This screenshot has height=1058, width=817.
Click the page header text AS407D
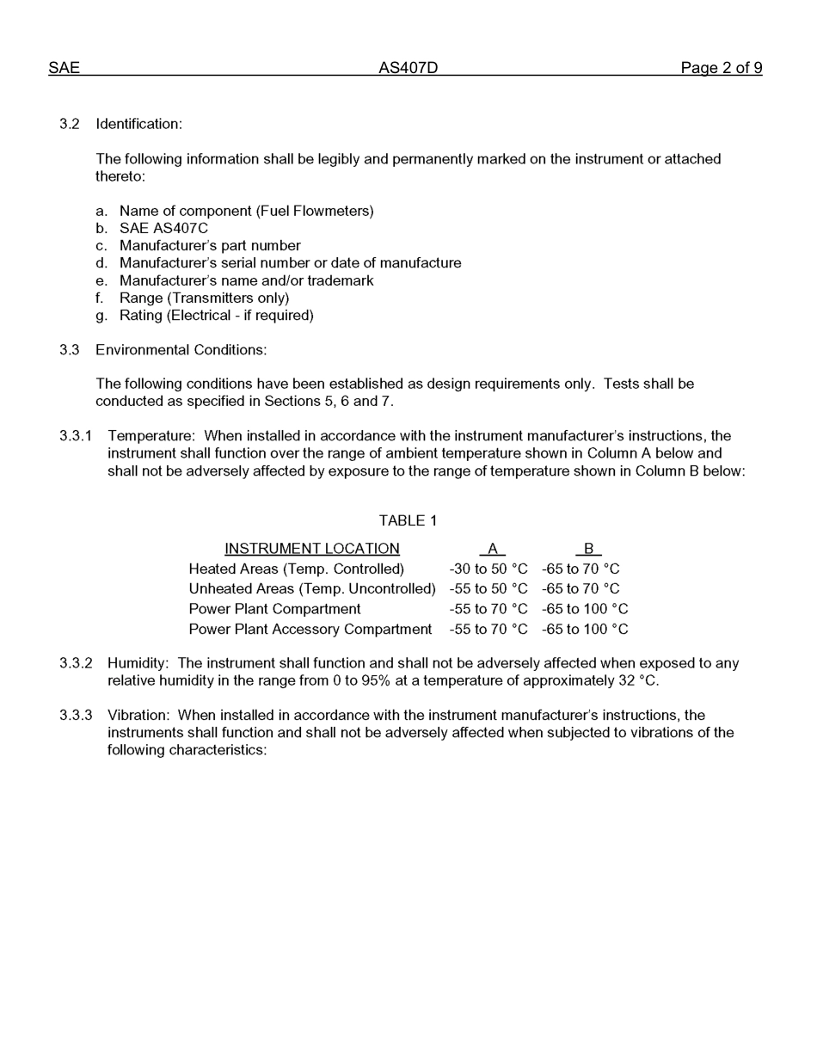pyautogui.click(x=408, y=68)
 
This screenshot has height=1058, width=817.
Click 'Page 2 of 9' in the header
pyautogui.click(x=721, y=68)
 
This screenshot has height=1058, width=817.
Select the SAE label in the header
pyautogui.click(x=64, y=68)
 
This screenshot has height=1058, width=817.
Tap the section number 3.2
pyautogui.click(x=69, y=124)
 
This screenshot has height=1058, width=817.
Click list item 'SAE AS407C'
pyautogui.click(x=163, y=228)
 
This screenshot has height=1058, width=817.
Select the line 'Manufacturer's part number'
pyautogui.click(x=210, y=246)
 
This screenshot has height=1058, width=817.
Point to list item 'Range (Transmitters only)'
pyautogui.click(x=204, y=298)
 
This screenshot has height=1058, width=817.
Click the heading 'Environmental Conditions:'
pyautogui.click(x=181, y=350)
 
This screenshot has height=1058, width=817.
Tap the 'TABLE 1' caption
pyautogui.click(x=408, y=520)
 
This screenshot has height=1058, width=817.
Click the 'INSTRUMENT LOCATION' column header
pyautogui.click(x=311, y=549)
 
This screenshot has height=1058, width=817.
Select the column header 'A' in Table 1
pyautogui.click(x=492, y=549)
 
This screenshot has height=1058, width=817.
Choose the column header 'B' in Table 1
pyautogui.click(x=588, y=549)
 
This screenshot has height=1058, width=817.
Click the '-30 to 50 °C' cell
pyautogui.click(x=488, y=569)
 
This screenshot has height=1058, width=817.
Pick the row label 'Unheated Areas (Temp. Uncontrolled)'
pyautogui.click(x=311, y=589)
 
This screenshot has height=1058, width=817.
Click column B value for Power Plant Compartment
pyautogui.click(x=584, y=609)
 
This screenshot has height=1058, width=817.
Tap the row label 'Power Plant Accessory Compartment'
pyautogui.click(x=310, y=630)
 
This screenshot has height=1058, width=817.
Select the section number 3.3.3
pyautogui.click(x=75, y=716)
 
